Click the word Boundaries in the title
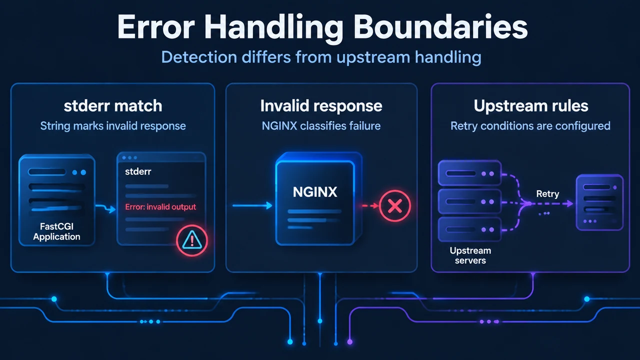pyautogui.click(x=440, y=27)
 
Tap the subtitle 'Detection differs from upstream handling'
pyautogui.click(x=321, y=57)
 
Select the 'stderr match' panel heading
pyautogui.click(x=113, y=105)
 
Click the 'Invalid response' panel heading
pyautogui.click(x=321, y=106)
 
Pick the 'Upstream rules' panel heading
pyautogui.click(x=531, y=106)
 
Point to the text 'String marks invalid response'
pyautogui.click(x=113, y=125)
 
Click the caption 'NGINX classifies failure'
pyautogui.click(x=321, y=125)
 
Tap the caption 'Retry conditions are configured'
pyautogui.click(x=530, y=125)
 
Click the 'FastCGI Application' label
pyautogui.click(x=56, y=231)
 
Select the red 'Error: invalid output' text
pyautogui.click(x=160, y=207)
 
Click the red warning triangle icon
pyautogui.click(x=192, y=240)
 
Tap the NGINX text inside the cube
pyautogui.click(x=315, y=192)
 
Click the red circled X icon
pyautogui.click(x=395, y=205)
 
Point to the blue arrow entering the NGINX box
pyautogui.click(x=252, y=205)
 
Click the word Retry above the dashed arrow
pyautogui.click(x=547, y=193)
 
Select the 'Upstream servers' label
pyautogui.click(x=470, y=255)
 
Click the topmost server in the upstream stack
pyautogui.click(x=469, y=173)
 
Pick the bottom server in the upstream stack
pyautogui.click(x=469, y=229)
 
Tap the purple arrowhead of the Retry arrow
pyautogui.click(x=569, y=203)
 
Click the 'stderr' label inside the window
pyautogui.click(x=138, y=171)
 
